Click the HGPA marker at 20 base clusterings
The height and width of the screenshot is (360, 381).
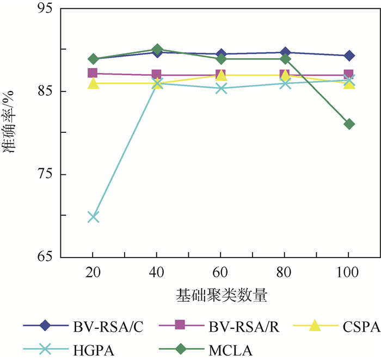point(93,217)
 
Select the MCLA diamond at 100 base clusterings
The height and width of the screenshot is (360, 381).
point(349,124)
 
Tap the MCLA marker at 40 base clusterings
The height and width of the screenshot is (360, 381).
point(157,50)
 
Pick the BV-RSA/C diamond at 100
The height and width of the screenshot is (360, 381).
point(349,56)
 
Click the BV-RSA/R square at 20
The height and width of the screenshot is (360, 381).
point(93,74)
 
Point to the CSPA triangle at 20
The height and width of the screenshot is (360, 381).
point(93,83)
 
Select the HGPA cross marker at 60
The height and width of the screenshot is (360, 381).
point(221,88)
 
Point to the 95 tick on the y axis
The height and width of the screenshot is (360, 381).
point(48,9)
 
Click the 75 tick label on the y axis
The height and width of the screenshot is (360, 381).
point(48,174)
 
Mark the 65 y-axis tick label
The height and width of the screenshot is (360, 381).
point(48,257)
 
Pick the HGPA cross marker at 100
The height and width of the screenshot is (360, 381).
point(349,80)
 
